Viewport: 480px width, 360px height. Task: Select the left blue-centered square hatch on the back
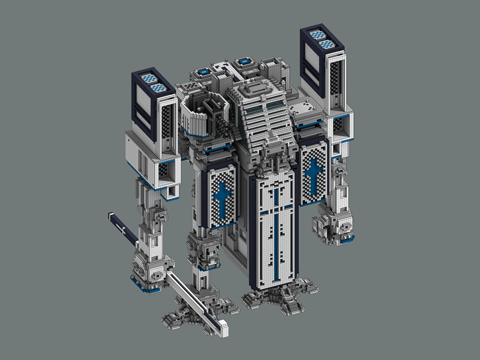click(204, 71)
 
